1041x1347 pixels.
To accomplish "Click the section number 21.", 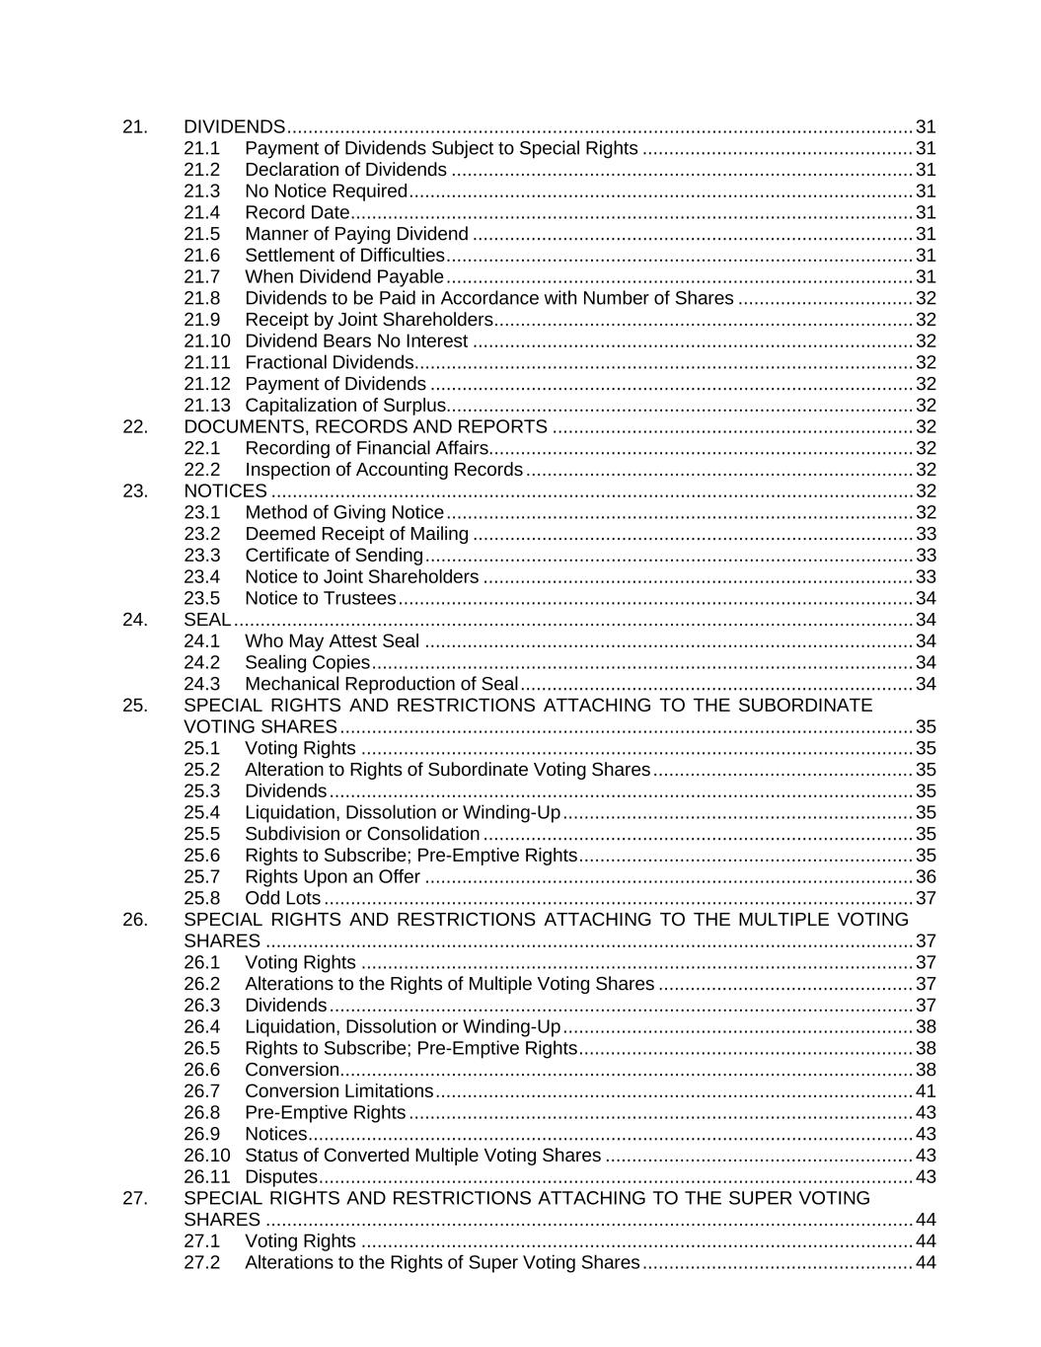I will [x=135, y=126].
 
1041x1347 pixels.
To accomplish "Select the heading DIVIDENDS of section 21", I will [x=234, y=126].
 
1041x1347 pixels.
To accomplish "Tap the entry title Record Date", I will [x=297, y=212].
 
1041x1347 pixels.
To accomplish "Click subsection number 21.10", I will [x=206, y=340].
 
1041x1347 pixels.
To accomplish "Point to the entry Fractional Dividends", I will [x=329, y=362].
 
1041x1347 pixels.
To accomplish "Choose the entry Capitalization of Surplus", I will [x=345, y=405].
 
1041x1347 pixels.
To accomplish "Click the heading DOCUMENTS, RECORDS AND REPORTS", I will [x=365, y=426].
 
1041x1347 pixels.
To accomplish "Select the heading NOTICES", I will [x=225, y=490].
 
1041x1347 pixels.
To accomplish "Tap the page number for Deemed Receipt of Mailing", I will [x=926, y=534].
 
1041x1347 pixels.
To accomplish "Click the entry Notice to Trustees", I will [x=320, y=598].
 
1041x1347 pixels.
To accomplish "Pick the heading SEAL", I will [x=207, y=619].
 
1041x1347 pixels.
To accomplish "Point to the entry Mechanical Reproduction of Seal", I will [x=381, y=684].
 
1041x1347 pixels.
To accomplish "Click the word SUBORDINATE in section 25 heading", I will [x=803, y=705].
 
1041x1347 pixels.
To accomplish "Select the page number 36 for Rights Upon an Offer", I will [x=926, y=876].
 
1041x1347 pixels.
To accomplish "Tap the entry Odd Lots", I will [x=282, y=898].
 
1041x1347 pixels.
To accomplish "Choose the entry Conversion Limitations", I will [x=338, y=1090].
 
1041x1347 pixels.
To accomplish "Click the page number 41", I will [x=926, y=1090].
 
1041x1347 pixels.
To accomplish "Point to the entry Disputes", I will [x=280, y=1176].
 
